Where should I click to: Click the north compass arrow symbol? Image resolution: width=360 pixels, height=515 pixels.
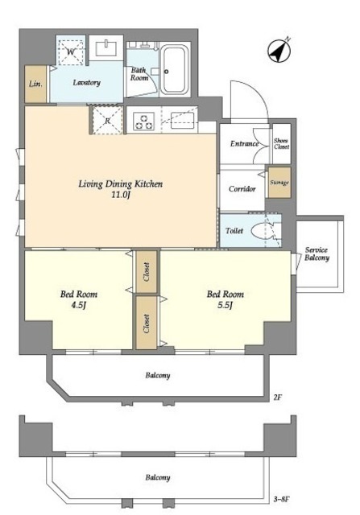[279, 51]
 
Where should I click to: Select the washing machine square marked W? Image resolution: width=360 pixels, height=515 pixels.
[71, 51]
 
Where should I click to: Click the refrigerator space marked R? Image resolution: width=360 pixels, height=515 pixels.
[107, 121]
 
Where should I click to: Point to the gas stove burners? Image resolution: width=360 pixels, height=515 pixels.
[143, 121]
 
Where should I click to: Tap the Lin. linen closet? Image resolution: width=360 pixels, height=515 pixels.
[35, 84]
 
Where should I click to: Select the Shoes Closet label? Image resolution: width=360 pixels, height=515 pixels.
[281, 143]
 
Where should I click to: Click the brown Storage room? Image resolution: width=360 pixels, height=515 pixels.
[279, 183]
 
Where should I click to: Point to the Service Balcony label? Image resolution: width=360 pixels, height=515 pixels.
[317, 254]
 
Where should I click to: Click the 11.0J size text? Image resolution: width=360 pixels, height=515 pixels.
[121, 195]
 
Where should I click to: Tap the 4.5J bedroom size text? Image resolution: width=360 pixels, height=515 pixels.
[78, 305]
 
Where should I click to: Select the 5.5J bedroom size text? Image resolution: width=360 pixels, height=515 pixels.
[225, 305]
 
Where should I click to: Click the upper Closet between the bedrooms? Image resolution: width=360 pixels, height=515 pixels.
[147, 272]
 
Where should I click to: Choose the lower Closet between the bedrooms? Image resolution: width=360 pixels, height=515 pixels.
[147, 323]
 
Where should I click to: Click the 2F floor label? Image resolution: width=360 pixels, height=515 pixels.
[278, 398]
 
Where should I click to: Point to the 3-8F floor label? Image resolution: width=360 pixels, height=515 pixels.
[281, 501]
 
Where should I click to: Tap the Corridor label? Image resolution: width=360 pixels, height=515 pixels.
[242, 189]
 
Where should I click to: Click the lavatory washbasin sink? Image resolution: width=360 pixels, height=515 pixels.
[106, 48]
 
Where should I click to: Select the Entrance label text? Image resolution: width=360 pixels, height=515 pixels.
[244, 144]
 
